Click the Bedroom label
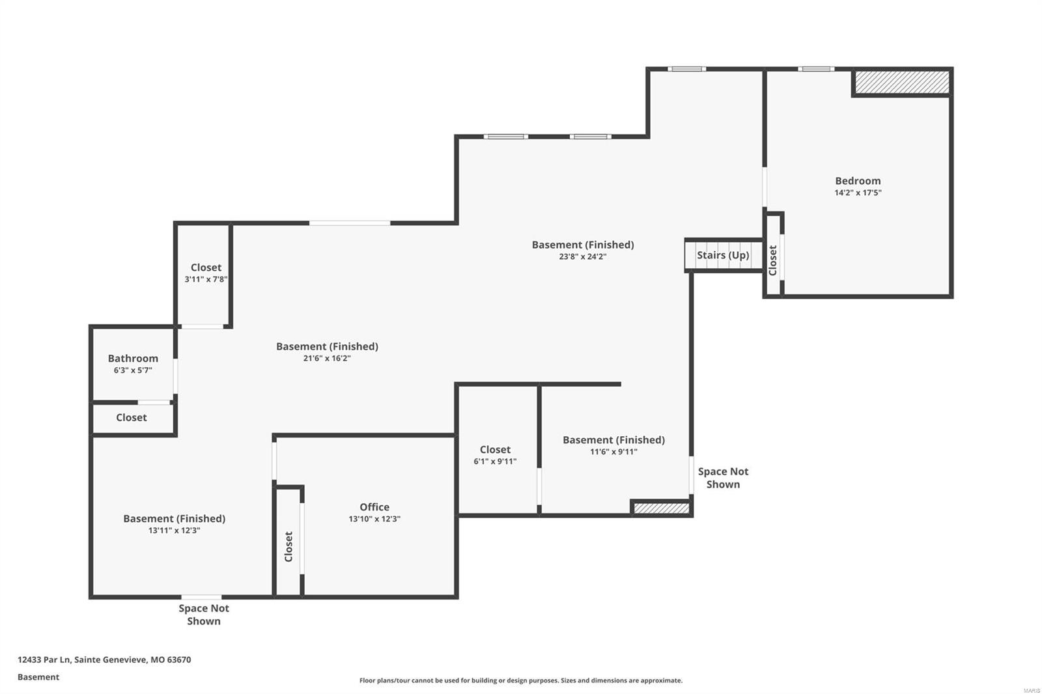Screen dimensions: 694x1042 (x=858, y=181)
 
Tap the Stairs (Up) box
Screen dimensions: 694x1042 (x=723, y=255)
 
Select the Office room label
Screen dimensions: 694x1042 (x=374, y=507)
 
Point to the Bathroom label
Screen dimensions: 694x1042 (x=133, y=359)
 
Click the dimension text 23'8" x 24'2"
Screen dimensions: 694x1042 (x=583, y=257)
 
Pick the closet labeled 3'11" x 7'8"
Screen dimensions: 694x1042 (x=206, y=273)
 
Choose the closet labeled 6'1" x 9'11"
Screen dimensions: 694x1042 (x=495, y=455)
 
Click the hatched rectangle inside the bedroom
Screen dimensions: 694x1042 (x=901, y=82)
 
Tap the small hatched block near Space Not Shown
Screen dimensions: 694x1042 (x=661, y=508)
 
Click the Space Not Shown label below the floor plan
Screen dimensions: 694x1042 (x=204, y=615)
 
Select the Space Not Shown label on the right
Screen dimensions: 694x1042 (x=723, y=478)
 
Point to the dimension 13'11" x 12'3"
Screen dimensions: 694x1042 (x=174, y=531)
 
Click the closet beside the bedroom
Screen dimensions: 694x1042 (x=772, y=260)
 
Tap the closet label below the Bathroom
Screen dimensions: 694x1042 (x=132, y=418)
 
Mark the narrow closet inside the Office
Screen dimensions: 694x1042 (x=289, y=546)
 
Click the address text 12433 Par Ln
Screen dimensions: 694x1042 (x=104, y=659)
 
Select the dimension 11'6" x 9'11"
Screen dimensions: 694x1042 (x=613, y=452)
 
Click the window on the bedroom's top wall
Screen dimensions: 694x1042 (x=816, y=69)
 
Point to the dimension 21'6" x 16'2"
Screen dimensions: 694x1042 (x=327, y=358)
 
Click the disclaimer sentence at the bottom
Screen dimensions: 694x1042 (x=521, y=680)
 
